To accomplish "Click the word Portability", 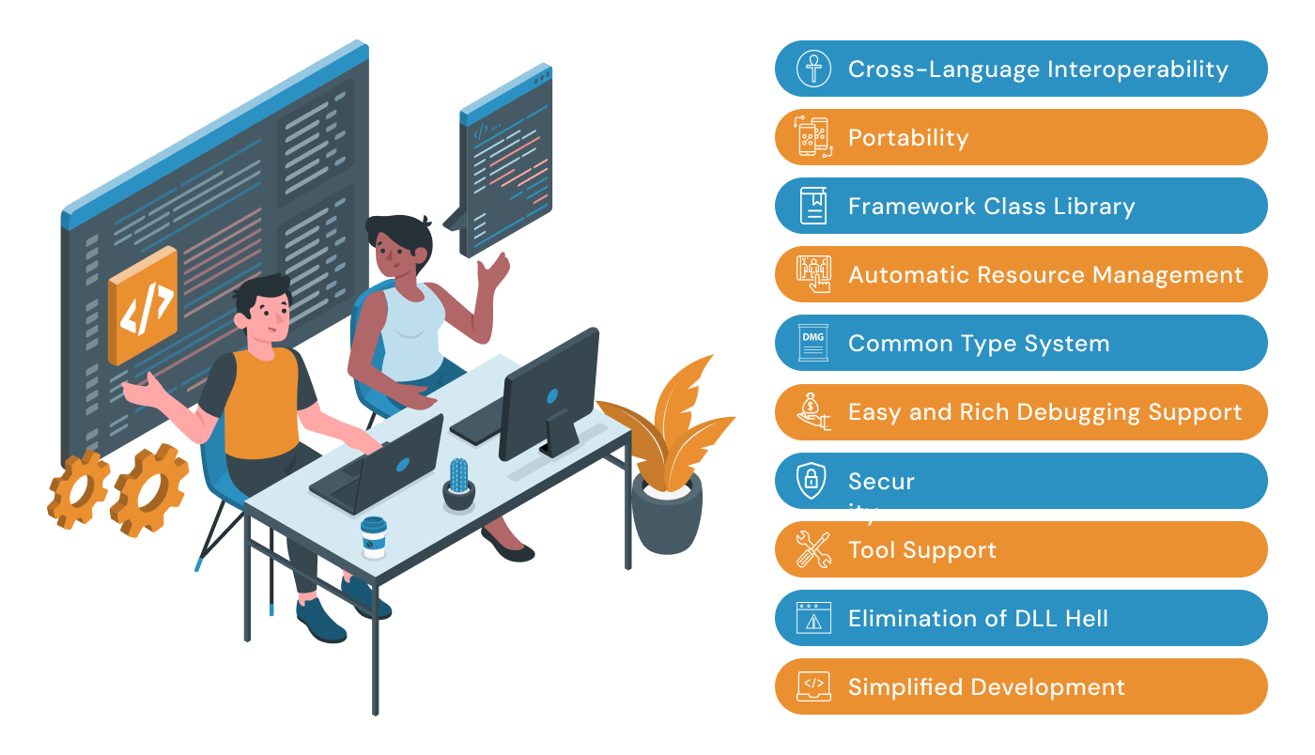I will (x=907, y=138).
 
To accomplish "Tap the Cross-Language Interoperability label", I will (x=1037, y=69).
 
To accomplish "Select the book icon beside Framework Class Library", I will (x=813, y=206).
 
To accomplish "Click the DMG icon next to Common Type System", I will (x=812, y=343).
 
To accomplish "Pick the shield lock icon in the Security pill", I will (x=812, y=481).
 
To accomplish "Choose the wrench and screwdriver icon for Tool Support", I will (x=812, y=549).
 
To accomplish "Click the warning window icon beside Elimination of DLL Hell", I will (x=813, y=618).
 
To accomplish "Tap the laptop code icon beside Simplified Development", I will (x=813, y=686).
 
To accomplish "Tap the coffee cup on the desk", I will (x=374, y=538).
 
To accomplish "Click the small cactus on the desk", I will (x=458, y=481).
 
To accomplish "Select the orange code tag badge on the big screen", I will (x=143, y=304).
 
